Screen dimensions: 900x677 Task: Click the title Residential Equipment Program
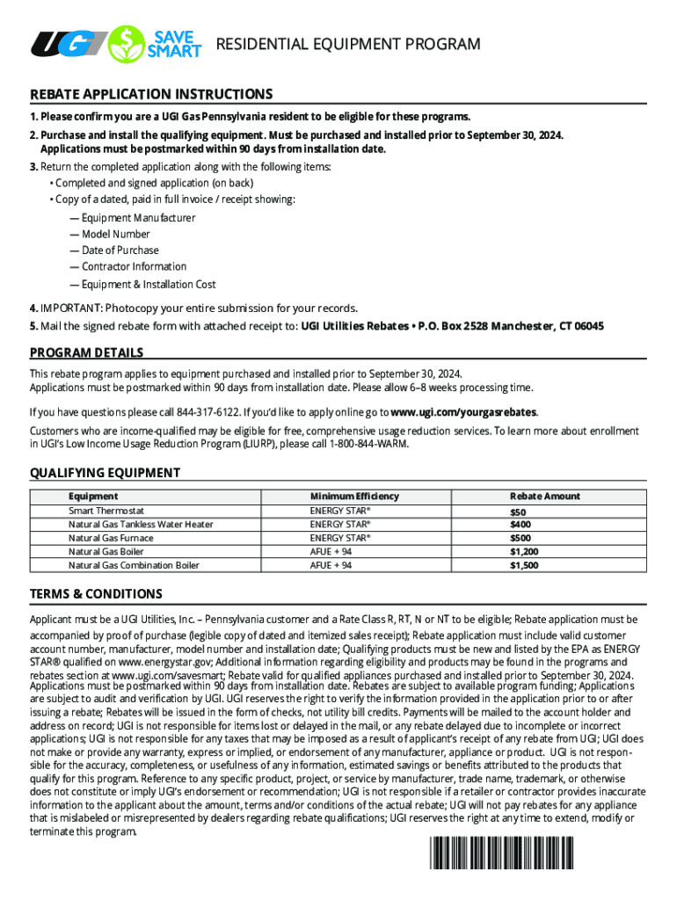point(348,44)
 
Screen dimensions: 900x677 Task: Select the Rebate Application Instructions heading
point(151,94)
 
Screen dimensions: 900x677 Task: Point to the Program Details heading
point(86,352)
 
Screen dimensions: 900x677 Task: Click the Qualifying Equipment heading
point(105,473)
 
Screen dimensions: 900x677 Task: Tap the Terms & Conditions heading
point(96,594)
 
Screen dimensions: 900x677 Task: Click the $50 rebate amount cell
point(518,512)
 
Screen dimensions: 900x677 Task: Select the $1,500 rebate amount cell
point(524,566)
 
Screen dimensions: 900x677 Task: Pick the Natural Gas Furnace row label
point(111,538)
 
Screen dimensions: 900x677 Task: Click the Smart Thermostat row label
point(106,511)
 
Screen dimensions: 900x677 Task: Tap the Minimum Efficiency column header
point(354,496)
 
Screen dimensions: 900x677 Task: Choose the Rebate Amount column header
point(545,496)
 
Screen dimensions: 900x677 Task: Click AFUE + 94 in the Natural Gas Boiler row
point(331,552)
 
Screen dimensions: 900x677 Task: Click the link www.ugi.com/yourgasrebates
point(463,412)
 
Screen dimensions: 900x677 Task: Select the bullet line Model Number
point(115,235)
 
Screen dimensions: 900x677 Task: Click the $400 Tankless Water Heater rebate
point(521,525)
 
